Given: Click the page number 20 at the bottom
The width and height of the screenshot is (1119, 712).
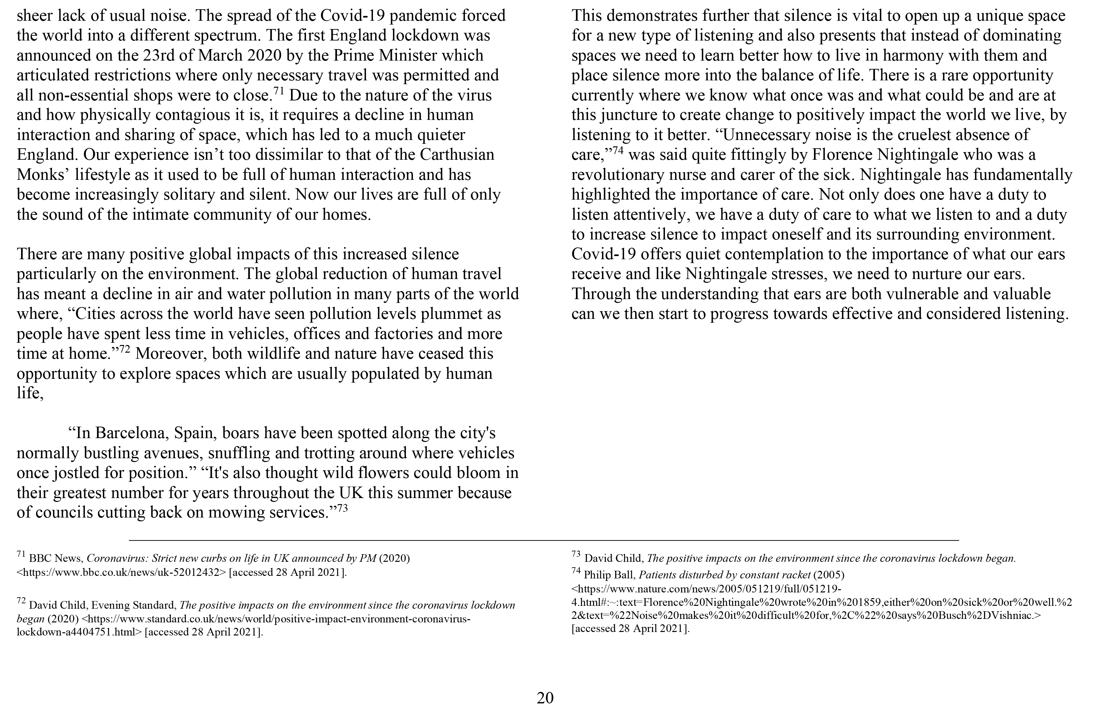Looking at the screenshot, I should click(x=545, y=698).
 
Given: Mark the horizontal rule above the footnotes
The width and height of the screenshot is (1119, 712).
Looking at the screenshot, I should click(x=544, y=540).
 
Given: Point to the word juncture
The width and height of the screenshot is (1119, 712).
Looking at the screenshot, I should click(x=622, y=115).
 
